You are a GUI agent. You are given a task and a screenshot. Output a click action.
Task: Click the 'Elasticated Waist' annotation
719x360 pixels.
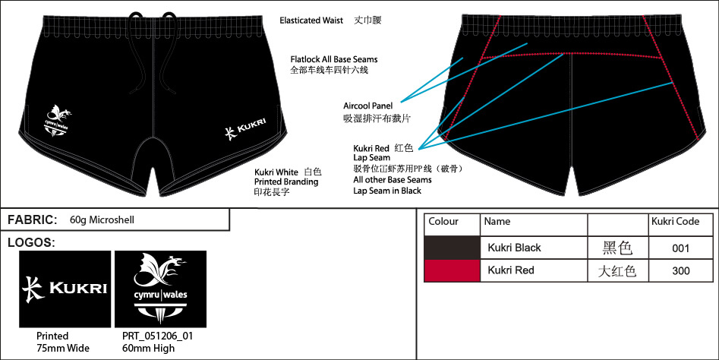(x=311, y=20)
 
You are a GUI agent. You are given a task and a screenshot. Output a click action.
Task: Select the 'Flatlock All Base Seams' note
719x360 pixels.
(x=333, y=58)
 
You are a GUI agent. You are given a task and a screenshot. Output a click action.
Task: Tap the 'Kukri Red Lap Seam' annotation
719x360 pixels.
(x=372, y=153)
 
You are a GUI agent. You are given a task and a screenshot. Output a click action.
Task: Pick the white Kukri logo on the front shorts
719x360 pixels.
(x=248, y=133)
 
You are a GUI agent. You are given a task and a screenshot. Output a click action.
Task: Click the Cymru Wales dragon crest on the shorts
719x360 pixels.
(x=58, y=122)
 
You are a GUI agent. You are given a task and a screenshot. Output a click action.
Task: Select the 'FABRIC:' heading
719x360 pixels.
(x=33, y=219)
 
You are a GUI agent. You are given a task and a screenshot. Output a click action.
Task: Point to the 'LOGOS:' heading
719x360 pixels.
(x=31, y=242)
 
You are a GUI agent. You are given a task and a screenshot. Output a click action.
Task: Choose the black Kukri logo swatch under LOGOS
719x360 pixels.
(x=65, y=289)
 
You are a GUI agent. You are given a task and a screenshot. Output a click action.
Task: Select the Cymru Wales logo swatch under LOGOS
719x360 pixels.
(x=160, y=289)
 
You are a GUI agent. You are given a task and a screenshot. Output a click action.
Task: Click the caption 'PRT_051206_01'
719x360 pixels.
(x=153, y=336)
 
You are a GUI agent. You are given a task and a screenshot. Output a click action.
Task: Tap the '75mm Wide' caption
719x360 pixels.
(x=63, y=348)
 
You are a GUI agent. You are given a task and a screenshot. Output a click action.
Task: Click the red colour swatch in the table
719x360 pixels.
(x=453, y=270)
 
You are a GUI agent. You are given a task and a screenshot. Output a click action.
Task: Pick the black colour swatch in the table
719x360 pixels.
(x=453, y=248)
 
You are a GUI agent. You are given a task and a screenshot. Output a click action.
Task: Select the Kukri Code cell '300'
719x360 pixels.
(x=681, y=270)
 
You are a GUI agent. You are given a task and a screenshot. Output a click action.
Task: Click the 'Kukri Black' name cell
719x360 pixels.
(x=514, y=248)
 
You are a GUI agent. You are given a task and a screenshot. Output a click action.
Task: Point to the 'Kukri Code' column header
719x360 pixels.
(x=675, y=222)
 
